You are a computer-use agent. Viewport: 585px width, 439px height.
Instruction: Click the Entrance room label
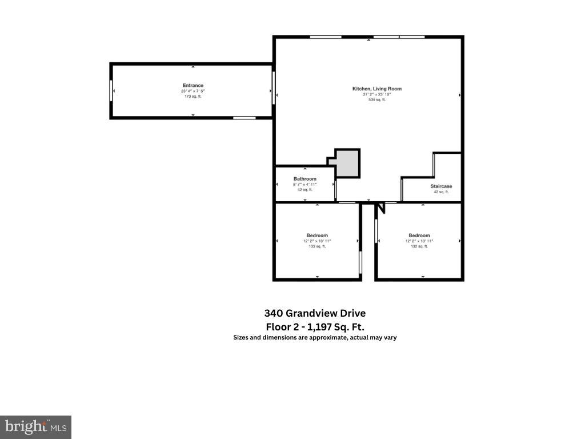[x=193, y=86]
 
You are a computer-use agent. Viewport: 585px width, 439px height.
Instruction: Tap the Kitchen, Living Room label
[x=376, y=89]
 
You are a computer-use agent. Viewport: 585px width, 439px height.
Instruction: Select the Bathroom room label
[x=305, y=179]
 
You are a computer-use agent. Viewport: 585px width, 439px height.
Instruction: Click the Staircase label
[x=441, y=186]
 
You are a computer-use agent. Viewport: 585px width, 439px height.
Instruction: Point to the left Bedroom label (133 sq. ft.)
[x=317, y=236]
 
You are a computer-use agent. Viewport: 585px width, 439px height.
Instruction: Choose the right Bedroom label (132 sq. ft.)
[x=419, y=236]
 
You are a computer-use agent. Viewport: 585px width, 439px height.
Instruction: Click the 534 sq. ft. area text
[x=376, y=99]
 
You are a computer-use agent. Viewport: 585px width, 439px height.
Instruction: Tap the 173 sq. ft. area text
[x=193, y=97]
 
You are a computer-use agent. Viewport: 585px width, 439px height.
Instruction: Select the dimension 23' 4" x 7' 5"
[x=193, y=91]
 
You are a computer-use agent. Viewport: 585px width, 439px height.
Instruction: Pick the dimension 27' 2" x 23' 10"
[x=376, y=94]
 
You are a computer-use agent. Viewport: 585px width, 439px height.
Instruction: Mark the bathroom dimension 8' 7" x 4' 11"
[x=305, y=185]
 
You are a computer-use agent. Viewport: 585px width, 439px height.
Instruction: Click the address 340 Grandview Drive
[x=315, y=313]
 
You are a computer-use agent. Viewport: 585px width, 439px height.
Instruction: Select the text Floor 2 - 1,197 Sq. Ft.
[x=315, y=327]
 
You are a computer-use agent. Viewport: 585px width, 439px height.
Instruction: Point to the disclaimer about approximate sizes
[x=315, y=337]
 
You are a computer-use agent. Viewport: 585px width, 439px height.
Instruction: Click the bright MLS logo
[x=35, y=426]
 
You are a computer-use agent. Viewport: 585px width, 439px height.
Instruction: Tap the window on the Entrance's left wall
[x=111, y=91]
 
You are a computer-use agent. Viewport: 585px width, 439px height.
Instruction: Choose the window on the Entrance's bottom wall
[x=244, y=118]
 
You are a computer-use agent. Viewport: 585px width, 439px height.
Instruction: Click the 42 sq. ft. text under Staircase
[x=441, y=192]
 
